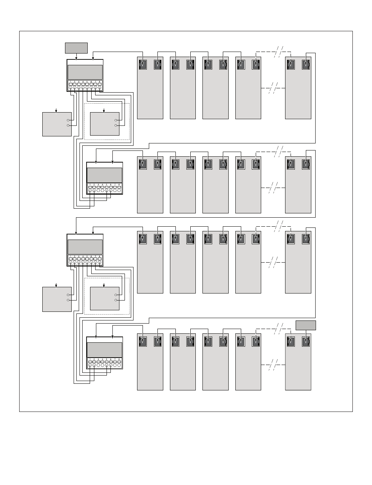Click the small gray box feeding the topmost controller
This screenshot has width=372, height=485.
(x=76, y=48)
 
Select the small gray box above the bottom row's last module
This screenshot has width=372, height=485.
(x=305, y=326)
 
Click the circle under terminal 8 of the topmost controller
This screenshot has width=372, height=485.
(x=99, y=88)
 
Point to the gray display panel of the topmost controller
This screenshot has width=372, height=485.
(x=85, y=72)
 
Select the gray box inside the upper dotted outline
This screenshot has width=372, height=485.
(x=105, y=124)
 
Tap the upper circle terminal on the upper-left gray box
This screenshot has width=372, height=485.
(x=68, y=120)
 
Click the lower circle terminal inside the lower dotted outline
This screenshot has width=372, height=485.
(x=116, y=300)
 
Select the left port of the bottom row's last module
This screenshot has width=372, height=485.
(x=291, y=341)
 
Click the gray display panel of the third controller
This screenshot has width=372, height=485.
(x=85, y=247)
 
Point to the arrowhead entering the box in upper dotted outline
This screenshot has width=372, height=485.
(x=104, y=111)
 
